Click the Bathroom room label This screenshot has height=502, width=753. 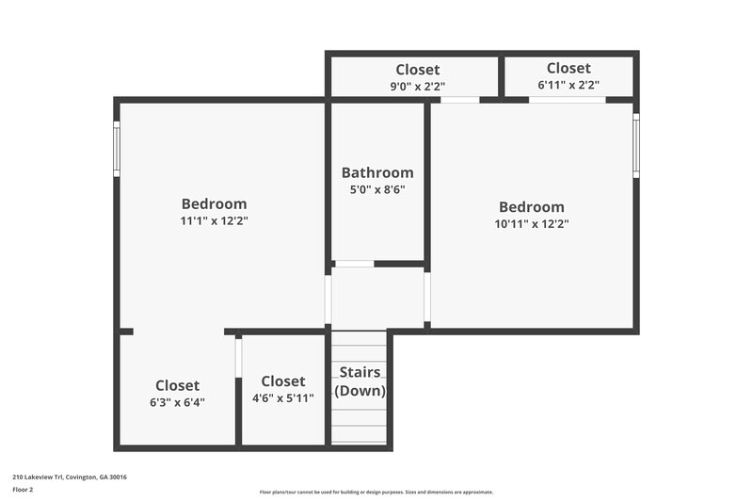[377, 172]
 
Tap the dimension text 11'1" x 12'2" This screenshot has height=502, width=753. [215, 221]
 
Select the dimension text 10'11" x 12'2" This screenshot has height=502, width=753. [532, 224]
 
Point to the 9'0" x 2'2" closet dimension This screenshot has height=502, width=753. [417, 86]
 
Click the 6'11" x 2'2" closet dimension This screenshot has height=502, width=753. [569, 85]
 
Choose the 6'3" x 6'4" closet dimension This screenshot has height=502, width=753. [177, 402]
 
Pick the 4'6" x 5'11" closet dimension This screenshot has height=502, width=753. [283, 397]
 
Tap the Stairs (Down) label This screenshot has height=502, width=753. [360, 381]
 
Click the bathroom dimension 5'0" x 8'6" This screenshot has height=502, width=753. [377, 188]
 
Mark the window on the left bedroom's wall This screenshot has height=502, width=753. [118, 149]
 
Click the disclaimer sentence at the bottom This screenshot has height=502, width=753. [376, 492]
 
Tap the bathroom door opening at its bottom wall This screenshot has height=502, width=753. [354, 264]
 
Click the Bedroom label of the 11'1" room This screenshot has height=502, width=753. [215, 203]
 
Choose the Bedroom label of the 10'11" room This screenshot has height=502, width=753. [532, 207]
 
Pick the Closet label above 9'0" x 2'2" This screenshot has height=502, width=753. [417, 70]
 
